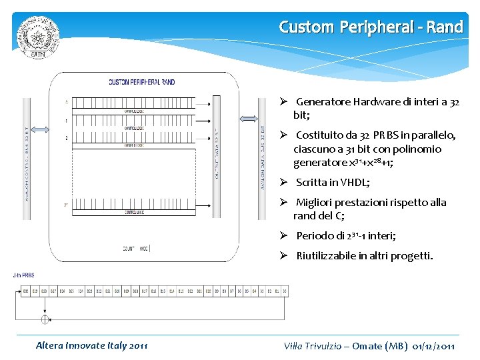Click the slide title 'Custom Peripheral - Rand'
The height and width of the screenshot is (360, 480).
point(371,27)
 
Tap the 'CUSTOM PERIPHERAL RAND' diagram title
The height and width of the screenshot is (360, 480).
point(142,82)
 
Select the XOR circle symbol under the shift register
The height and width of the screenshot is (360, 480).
point(45,319)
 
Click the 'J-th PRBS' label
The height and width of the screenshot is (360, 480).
point(24,275)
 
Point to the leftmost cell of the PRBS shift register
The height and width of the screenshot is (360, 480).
point(26,291)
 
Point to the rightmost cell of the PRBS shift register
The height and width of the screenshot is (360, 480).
point(284,291)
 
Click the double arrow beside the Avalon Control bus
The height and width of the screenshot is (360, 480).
point(41,129)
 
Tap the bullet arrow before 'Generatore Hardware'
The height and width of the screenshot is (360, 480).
point(283,102)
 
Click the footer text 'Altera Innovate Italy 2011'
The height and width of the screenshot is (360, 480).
point(92,345)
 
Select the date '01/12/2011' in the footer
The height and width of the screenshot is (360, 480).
point(434,346)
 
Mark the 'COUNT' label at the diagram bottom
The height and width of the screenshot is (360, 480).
point(130,248)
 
